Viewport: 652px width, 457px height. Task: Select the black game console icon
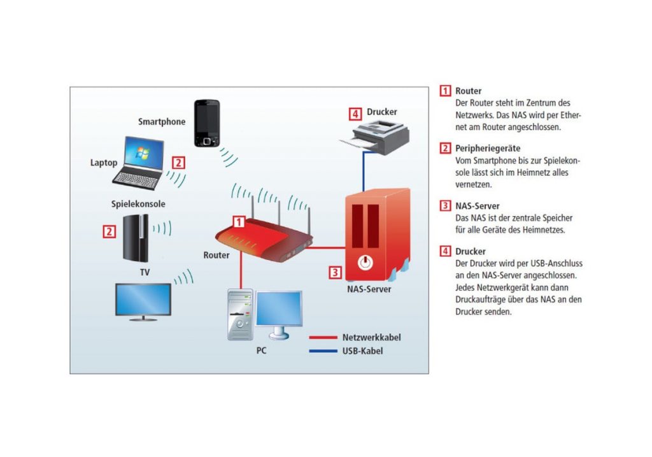coord(136,238)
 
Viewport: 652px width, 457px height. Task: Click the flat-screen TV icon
coord(142,301)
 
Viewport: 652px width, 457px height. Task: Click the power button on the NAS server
coord(365,262)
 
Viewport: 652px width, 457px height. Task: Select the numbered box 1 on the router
coord(239,222)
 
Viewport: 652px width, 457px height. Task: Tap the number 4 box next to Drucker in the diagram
coord(355,114)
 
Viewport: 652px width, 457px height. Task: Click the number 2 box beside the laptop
coord(179,162)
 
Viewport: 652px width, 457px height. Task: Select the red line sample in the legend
coord(322,338)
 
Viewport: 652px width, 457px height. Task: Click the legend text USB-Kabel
coord(362,351)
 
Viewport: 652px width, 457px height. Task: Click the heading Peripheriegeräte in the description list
coord(488,148)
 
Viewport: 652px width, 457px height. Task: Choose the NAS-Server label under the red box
coord(369,289)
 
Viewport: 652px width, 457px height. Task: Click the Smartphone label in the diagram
coord(162,121)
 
